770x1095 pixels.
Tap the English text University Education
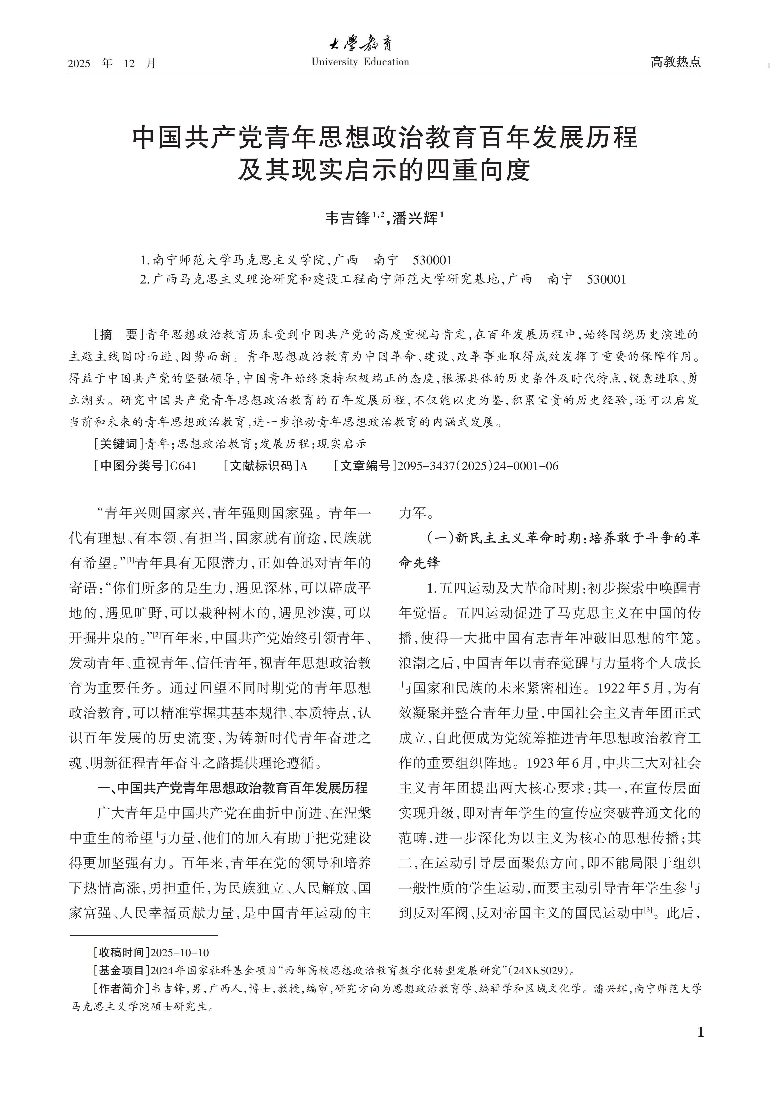360,62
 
